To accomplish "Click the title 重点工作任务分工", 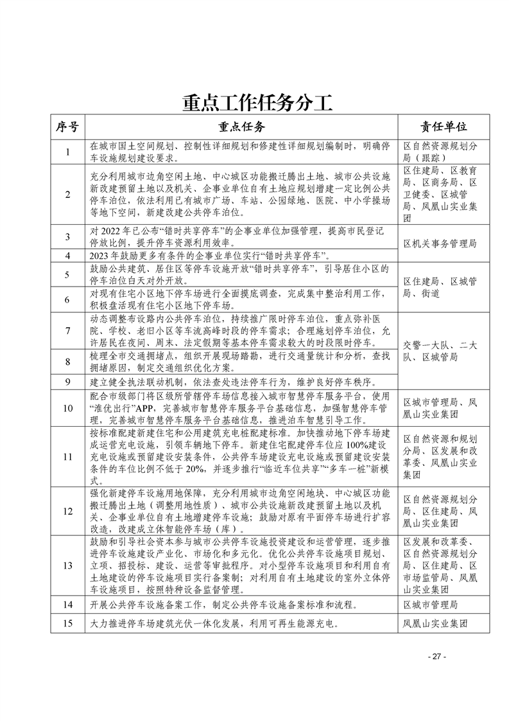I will [x=255, y=103].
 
